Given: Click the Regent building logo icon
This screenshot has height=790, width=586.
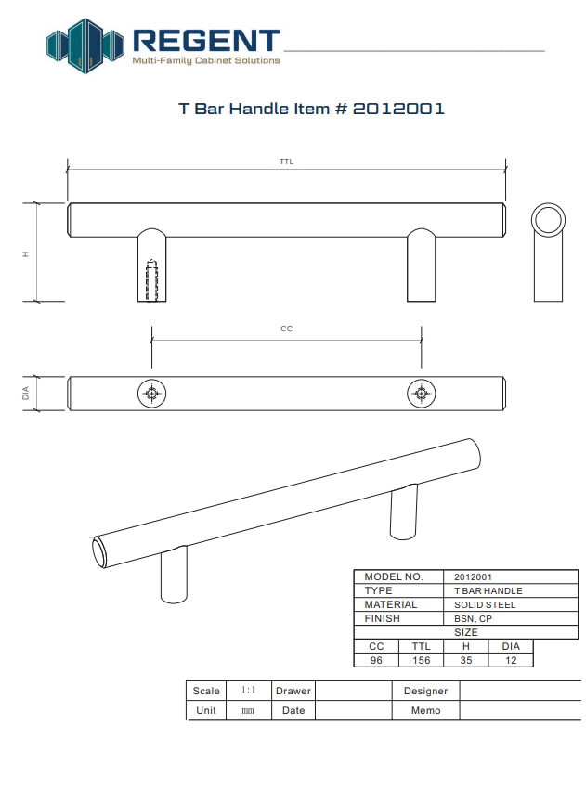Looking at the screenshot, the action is pos(85,45).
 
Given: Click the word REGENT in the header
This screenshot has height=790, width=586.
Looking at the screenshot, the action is pos(206,41).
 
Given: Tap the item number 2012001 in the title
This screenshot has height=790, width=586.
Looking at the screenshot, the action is pos(398,109).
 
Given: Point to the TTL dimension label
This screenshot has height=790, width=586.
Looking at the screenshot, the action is pos(286,162).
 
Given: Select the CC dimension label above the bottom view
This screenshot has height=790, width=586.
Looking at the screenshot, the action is pos(286,329).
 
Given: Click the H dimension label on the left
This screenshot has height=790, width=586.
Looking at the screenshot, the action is pos(26,254).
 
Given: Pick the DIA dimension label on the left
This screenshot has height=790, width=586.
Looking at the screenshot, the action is pos(26,394).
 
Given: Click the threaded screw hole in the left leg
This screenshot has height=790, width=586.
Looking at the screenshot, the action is pos(151,280).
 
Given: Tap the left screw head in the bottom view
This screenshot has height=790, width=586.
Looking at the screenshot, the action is pos(151,394).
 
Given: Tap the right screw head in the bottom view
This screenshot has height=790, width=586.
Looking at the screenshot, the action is pos(422,394).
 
